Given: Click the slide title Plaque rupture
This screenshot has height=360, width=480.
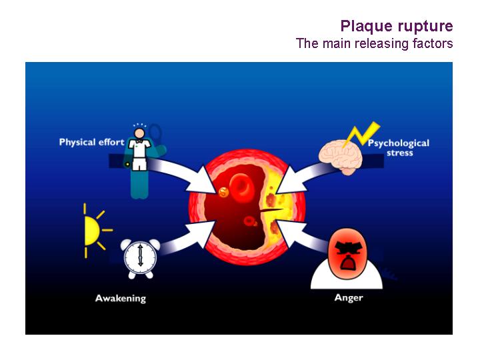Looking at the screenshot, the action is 397,26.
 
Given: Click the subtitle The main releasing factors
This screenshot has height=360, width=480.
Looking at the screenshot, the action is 374,43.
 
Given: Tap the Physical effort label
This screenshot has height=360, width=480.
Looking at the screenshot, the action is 91,143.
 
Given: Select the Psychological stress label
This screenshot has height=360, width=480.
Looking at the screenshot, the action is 399,147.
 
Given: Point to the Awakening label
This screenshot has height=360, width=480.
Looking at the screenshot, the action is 121,299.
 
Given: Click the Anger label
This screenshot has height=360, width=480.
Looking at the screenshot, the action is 349,298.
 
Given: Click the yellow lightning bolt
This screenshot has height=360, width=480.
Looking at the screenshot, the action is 361,134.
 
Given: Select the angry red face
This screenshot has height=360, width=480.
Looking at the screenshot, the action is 347,253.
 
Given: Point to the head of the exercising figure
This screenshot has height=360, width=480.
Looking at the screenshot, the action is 139,133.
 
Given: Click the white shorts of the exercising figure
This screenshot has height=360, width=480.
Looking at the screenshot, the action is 140,164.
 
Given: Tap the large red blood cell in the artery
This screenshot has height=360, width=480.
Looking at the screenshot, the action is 242,187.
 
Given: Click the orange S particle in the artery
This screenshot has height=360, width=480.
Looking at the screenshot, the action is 224,192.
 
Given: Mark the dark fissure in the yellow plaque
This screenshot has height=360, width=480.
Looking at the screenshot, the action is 271,210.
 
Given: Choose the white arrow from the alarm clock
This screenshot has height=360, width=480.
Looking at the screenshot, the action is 187,238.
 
